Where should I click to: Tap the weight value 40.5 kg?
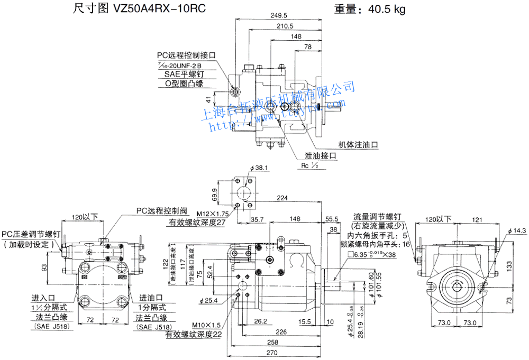click(385, 9)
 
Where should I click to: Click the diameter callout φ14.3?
click(517, 230)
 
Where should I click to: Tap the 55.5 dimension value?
click(332, 218)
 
